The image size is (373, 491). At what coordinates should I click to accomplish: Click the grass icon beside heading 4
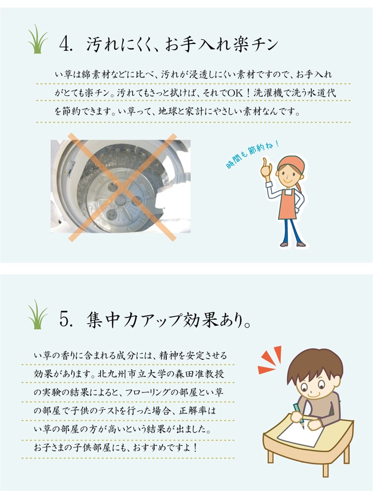click(38, 40)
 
